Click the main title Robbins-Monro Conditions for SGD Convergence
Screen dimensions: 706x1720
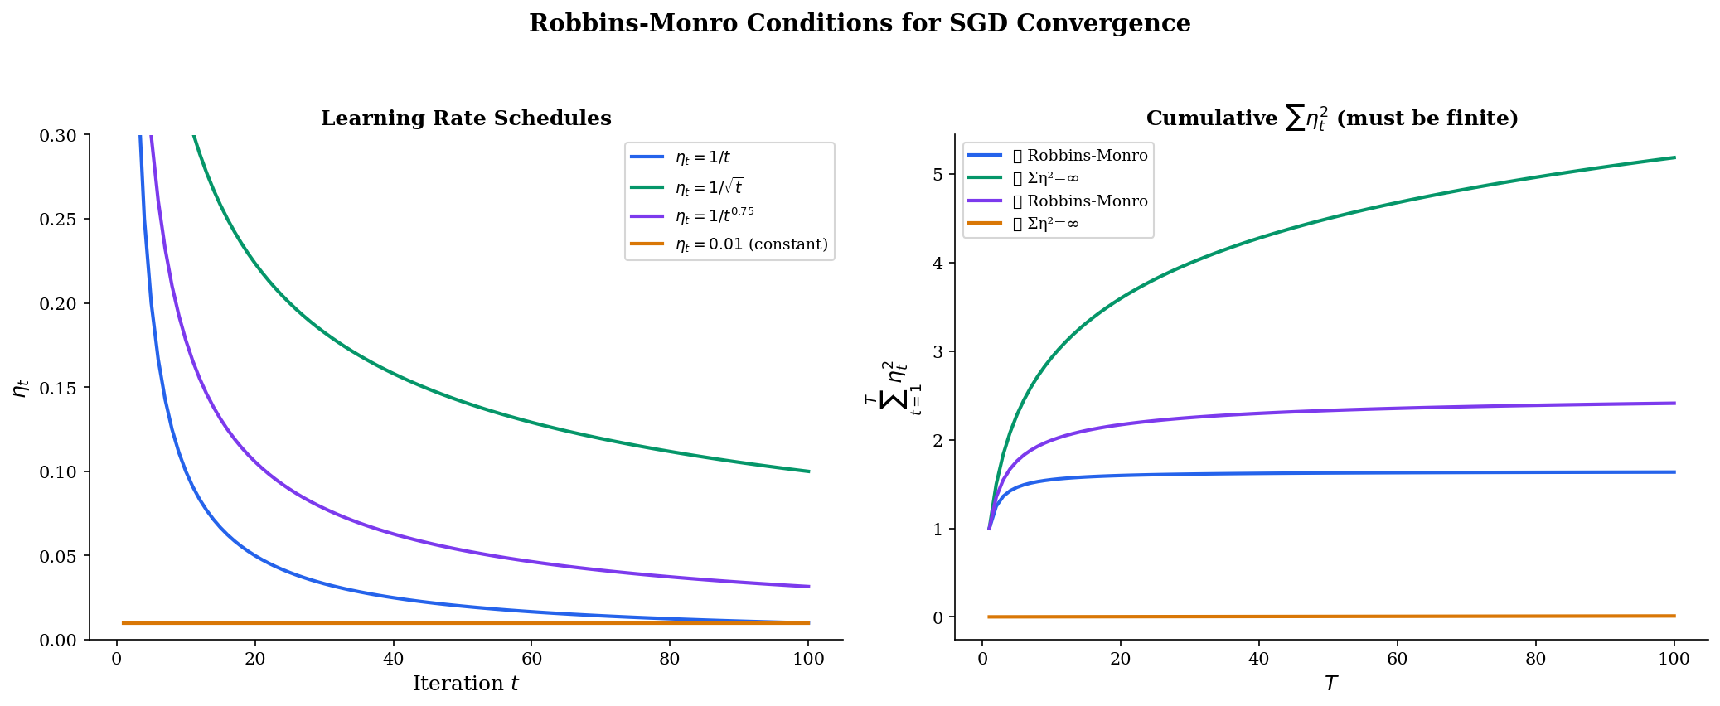[860, 23]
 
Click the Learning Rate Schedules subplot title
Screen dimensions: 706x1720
[466, 118]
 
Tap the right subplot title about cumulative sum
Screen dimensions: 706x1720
[1331, 118]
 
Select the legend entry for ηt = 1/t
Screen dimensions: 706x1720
[702, 157]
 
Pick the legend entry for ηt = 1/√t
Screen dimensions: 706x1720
[709, 187]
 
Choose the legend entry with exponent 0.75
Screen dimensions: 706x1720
[715, 215]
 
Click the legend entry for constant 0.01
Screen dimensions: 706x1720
[751, 244]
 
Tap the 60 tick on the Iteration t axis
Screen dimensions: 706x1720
[531, 660]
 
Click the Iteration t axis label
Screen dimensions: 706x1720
[466, 684]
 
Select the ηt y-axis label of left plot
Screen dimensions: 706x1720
[22, 388]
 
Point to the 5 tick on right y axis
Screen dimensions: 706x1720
[938, 175]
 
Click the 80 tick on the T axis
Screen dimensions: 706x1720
[1536, 660]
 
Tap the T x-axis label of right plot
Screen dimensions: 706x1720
[1331, 684]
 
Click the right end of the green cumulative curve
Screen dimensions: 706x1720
[1674, 157]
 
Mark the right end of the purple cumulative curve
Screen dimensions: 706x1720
[1674, 404]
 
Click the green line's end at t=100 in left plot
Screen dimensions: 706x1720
[808, 471]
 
